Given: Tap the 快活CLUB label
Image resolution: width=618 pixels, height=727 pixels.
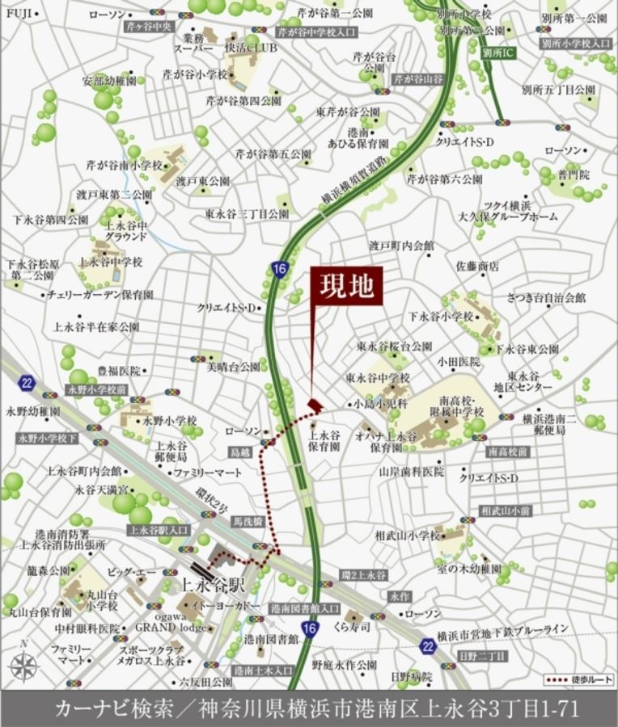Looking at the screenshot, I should (251, 48).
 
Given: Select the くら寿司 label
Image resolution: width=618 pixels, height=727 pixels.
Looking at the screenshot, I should (353, 627).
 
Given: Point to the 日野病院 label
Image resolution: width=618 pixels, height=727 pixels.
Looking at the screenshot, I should (412, 675).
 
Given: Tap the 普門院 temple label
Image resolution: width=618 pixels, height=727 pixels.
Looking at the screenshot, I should (574, 174).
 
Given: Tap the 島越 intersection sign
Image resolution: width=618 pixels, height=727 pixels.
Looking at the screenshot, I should (239, 452).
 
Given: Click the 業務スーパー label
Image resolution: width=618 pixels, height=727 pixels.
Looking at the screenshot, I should (193, 43).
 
